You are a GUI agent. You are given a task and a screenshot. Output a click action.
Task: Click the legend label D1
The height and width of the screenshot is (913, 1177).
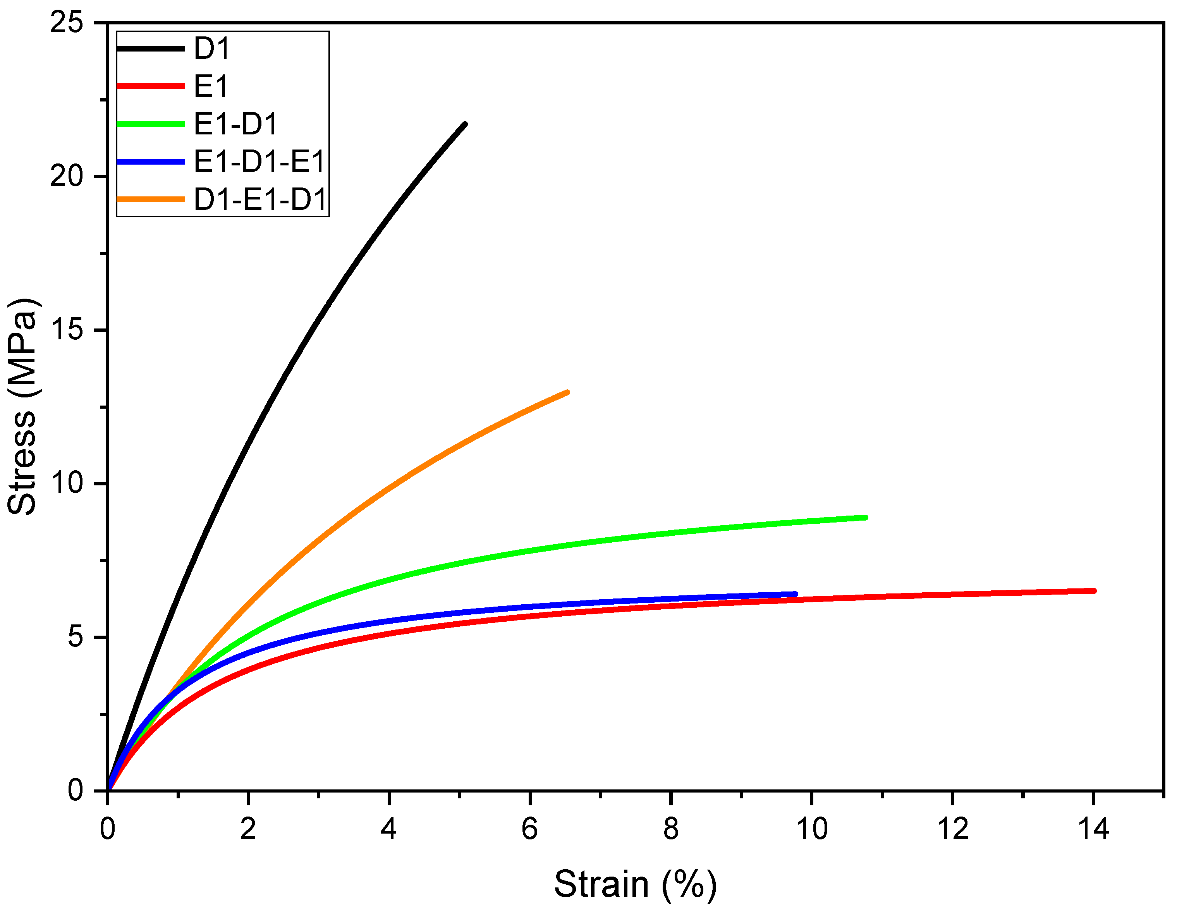click(212, 48)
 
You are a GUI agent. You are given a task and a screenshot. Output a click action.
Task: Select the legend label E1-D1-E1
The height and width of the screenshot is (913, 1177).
click(259, 162)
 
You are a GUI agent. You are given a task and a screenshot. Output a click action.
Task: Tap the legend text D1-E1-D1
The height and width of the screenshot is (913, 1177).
click(260, 199)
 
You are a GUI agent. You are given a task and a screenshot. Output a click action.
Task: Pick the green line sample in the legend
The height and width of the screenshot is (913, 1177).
click(151, 124)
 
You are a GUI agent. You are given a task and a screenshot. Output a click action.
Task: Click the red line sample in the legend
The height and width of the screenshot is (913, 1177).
click(151, 86)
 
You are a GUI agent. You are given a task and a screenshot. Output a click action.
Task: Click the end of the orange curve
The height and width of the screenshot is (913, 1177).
click(567, 392)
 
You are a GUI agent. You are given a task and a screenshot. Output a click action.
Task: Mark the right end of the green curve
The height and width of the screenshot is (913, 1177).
click(866, 518)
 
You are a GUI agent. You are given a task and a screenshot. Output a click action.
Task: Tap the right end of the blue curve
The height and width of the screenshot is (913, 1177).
click(796, 594)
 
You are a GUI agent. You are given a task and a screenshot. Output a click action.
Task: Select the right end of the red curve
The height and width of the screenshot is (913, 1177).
click(1094, 591)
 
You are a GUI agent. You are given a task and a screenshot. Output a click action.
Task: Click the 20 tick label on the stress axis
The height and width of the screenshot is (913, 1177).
click(67, 176)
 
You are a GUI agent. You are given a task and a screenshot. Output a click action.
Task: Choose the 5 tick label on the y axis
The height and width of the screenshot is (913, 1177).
click(76, 637)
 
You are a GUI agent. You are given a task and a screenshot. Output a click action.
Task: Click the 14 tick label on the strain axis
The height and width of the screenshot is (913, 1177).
click(1093, 829)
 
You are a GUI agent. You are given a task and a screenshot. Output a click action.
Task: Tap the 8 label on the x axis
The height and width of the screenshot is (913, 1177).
click(671, 829)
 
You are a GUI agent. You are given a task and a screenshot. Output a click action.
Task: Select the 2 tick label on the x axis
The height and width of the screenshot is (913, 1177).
click(248, 829)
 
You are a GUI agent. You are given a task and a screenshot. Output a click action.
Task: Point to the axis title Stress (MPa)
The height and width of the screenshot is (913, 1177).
click(22, 407)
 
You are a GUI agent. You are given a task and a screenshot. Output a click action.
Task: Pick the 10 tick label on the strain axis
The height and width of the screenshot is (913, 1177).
click(812, 829)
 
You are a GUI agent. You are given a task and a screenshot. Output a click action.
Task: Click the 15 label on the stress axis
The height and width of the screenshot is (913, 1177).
click(67, 330)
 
